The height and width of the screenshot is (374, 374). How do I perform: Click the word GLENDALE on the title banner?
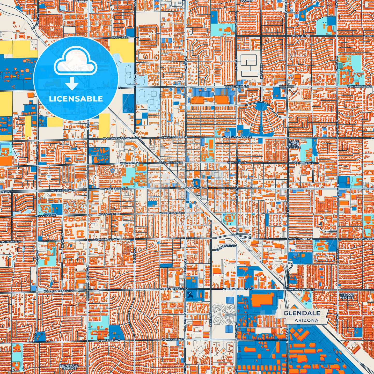[302, 313]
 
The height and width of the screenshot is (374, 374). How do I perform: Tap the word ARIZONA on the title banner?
[306, 320]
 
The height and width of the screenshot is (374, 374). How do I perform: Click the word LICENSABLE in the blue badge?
[76, 99]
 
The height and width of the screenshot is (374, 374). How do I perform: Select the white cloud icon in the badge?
[76, 62]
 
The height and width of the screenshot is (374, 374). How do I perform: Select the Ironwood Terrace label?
[68, 367]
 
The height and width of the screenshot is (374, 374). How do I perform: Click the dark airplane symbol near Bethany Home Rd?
[190, 295]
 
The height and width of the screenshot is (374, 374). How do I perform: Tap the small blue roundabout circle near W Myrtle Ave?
[112, 171]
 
